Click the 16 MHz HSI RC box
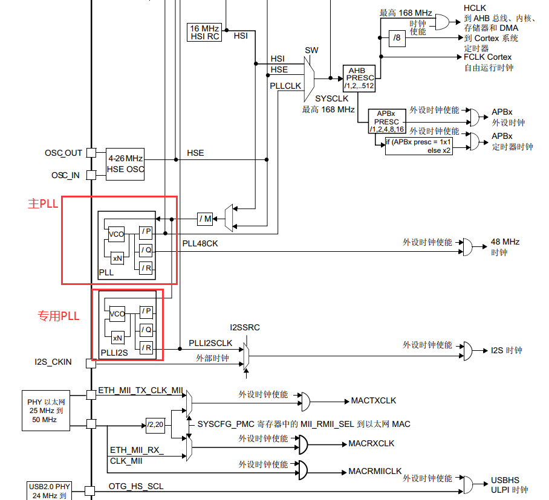pyautogui.click(x=205, y=33)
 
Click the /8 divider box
pyautogui.click(x=397, y=37)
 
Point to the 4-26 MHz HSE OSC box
pyautogui.click(x=126, y=164)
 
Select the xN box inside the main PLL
pyautogui.click(x=117, y=258)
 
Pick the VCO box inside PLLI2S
pyautogui.click(x=117, y=314)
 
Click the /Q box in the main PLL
pyautogui.click(x=146, y=250)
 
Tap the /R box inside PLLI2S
pyautogui.click(x=146, y=348)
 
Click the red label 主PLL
pyautogui.click(x=43, y=204)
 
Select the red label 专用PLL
pyautogui.click(x=59, y=315)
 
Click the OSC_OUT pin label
pyautogui.click(x=63, y=153)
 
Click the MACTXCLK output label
pyautogui.click(x=374, y=401)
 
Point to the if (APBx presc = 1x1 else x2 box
pyautogui.click(x=418, y=146)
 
